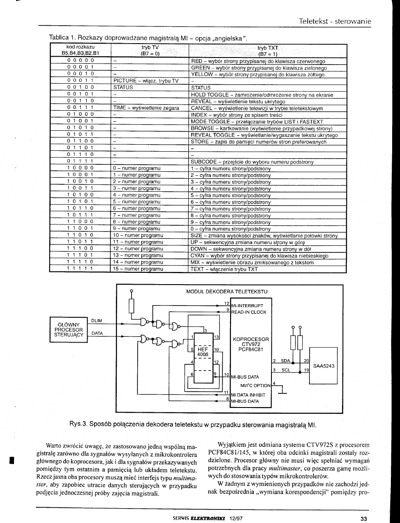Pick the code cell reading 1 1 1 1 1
(x=81, y=269)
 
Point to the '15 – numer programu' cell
(x=138, y=269)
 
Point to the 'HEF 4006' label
(x=203, y=352)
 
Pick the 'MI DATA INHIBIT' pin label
(x=250, y=395)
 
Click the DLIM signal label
(x=97, y=321)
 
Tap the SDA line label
(x=285, y=361)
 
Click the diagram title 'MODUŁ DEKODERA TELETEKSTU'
(x=224, y=291)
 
